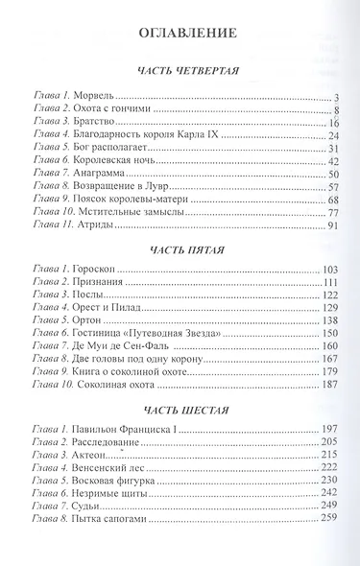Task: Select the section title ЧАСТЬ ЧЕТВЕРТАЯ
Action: coord(180,72)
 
